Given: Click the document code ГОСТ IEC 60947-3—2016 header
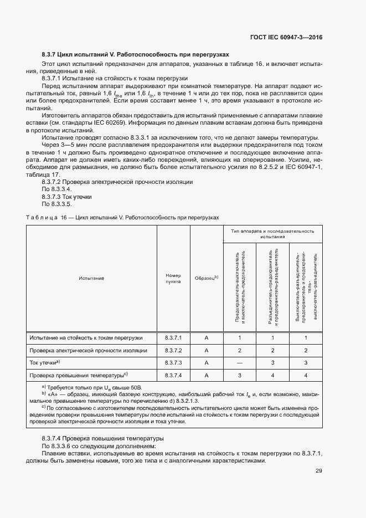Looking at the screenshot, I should coord(287,38).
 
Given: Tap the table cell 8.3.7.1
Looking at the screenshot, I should coord(173,337).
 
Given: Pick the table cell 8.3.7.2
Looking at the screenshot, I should coord(173,350).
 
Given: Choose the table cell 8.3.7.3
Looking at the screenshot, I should coord(173,363).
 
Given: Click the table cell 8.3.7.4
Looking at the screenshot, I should coord(173,376).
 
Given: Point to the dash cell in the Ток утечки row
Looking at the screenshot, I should coord(240,363).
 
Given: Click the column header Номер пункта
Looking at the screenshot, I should coord(173,278).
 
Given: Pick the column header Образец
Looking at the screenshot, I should coord(206,278).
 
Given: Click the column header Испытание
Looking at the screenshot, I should coord(91,278).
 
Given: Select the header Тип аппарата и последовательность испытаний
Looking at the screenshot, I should coord(272,233).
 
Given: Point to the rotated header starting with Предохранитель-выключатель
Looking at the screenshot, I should coord(240,288).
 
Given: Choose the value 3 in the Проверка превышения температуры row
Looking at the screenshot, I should coord(240,376).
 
